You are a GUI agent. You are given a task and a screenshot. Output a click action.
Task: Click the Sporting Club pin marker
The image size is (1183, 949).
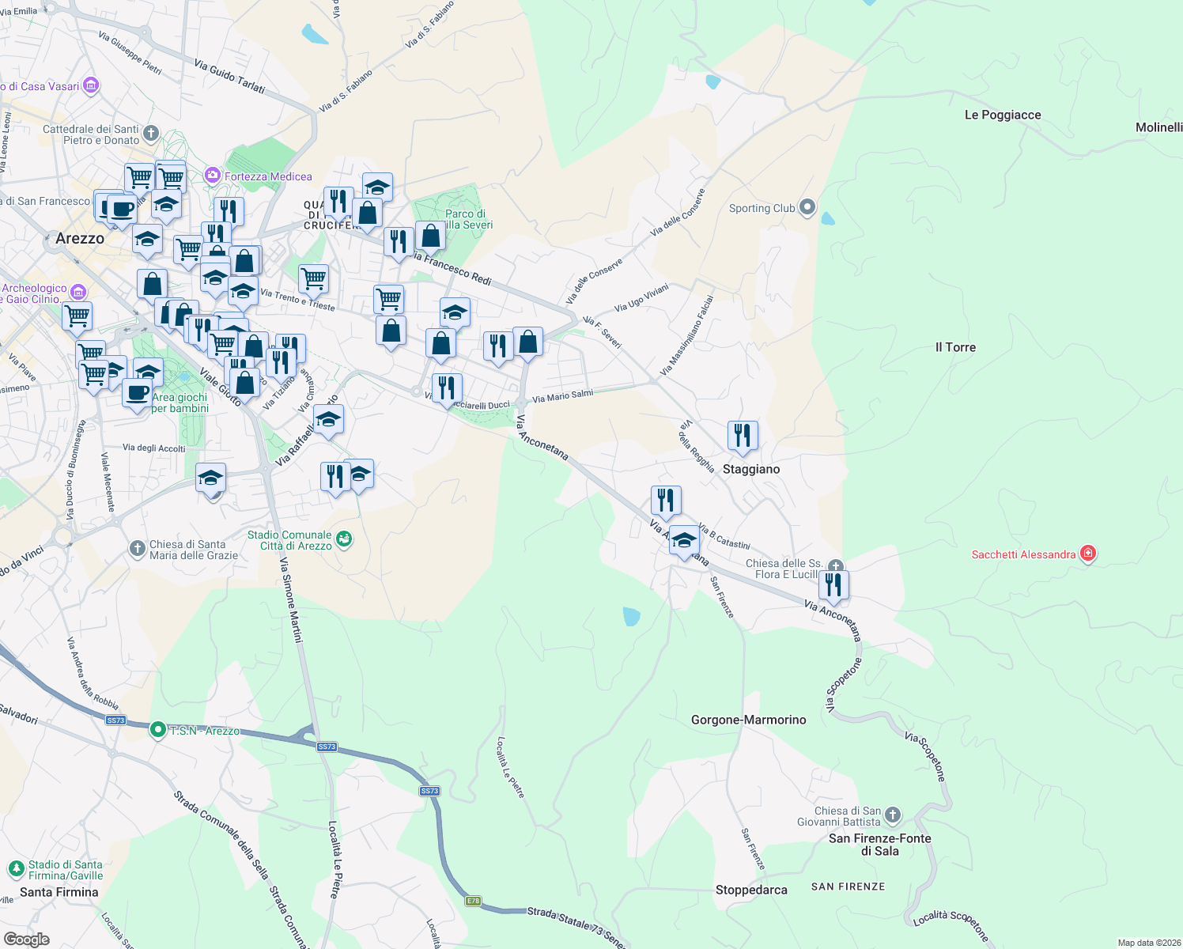[807, 208]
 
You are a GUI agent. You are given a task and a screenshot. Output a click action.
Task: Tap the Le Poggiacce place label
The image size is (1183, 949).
[1002, 115]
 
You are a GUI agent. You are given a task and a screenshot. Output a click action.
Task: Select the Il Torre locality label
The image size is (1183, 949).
[955, 347]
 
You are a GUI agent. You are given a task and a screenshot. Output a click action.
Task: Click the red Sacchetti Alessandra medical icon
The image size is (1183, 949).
[1088, 554]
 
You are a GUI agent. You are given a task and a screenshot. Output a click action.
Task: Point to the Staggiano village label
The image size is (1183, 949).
[750, 469]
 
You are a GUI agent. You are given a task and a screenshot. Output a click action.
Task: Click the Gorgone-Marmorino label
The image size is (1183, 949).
[748, 720]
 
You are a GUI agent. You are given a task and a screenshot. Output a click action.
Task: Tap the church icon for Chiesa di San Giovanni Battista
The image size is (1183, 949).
[893, 815]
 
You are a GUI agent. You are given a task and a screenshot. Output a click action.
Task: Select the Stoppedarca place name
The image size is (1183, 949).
[751, 890]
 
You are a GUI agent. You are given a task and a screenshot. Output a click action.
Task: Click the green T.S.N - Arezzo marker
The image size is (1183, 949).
[157, 730]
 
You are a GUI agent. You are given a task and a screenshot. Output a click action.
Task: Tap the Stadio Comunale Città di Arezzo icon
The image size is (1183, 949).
[344, 539]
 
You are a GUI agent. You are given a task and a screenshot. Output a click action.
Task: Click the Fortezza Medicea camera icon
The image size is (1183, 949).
[212, 176]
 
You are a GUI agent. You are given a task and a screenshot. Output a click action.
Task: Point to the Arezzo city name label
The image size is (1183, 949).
[80, 238]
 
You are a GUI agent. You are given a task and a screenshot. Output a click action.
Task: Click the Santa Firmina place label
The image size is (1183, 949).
[59, 892]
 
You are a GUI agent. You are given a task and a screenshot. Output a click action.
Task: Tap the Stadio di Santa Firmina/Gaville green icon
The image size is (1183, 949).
[16, 869]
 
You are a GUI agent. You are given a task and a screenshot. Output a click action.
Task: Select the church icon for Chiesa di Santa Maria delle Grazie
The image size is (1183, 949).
[138, 548]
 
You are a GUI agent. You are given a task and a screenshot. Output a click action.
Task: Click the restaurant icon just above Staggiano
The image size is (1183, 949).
[742, 435]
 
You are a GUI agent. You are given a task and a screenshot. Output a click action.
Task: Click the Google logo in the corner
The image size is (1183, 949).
[26, 939]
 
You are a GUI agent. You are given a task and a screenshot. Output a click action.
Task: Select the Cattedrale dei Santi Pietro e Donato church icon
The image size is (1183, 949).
[151, 134]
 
